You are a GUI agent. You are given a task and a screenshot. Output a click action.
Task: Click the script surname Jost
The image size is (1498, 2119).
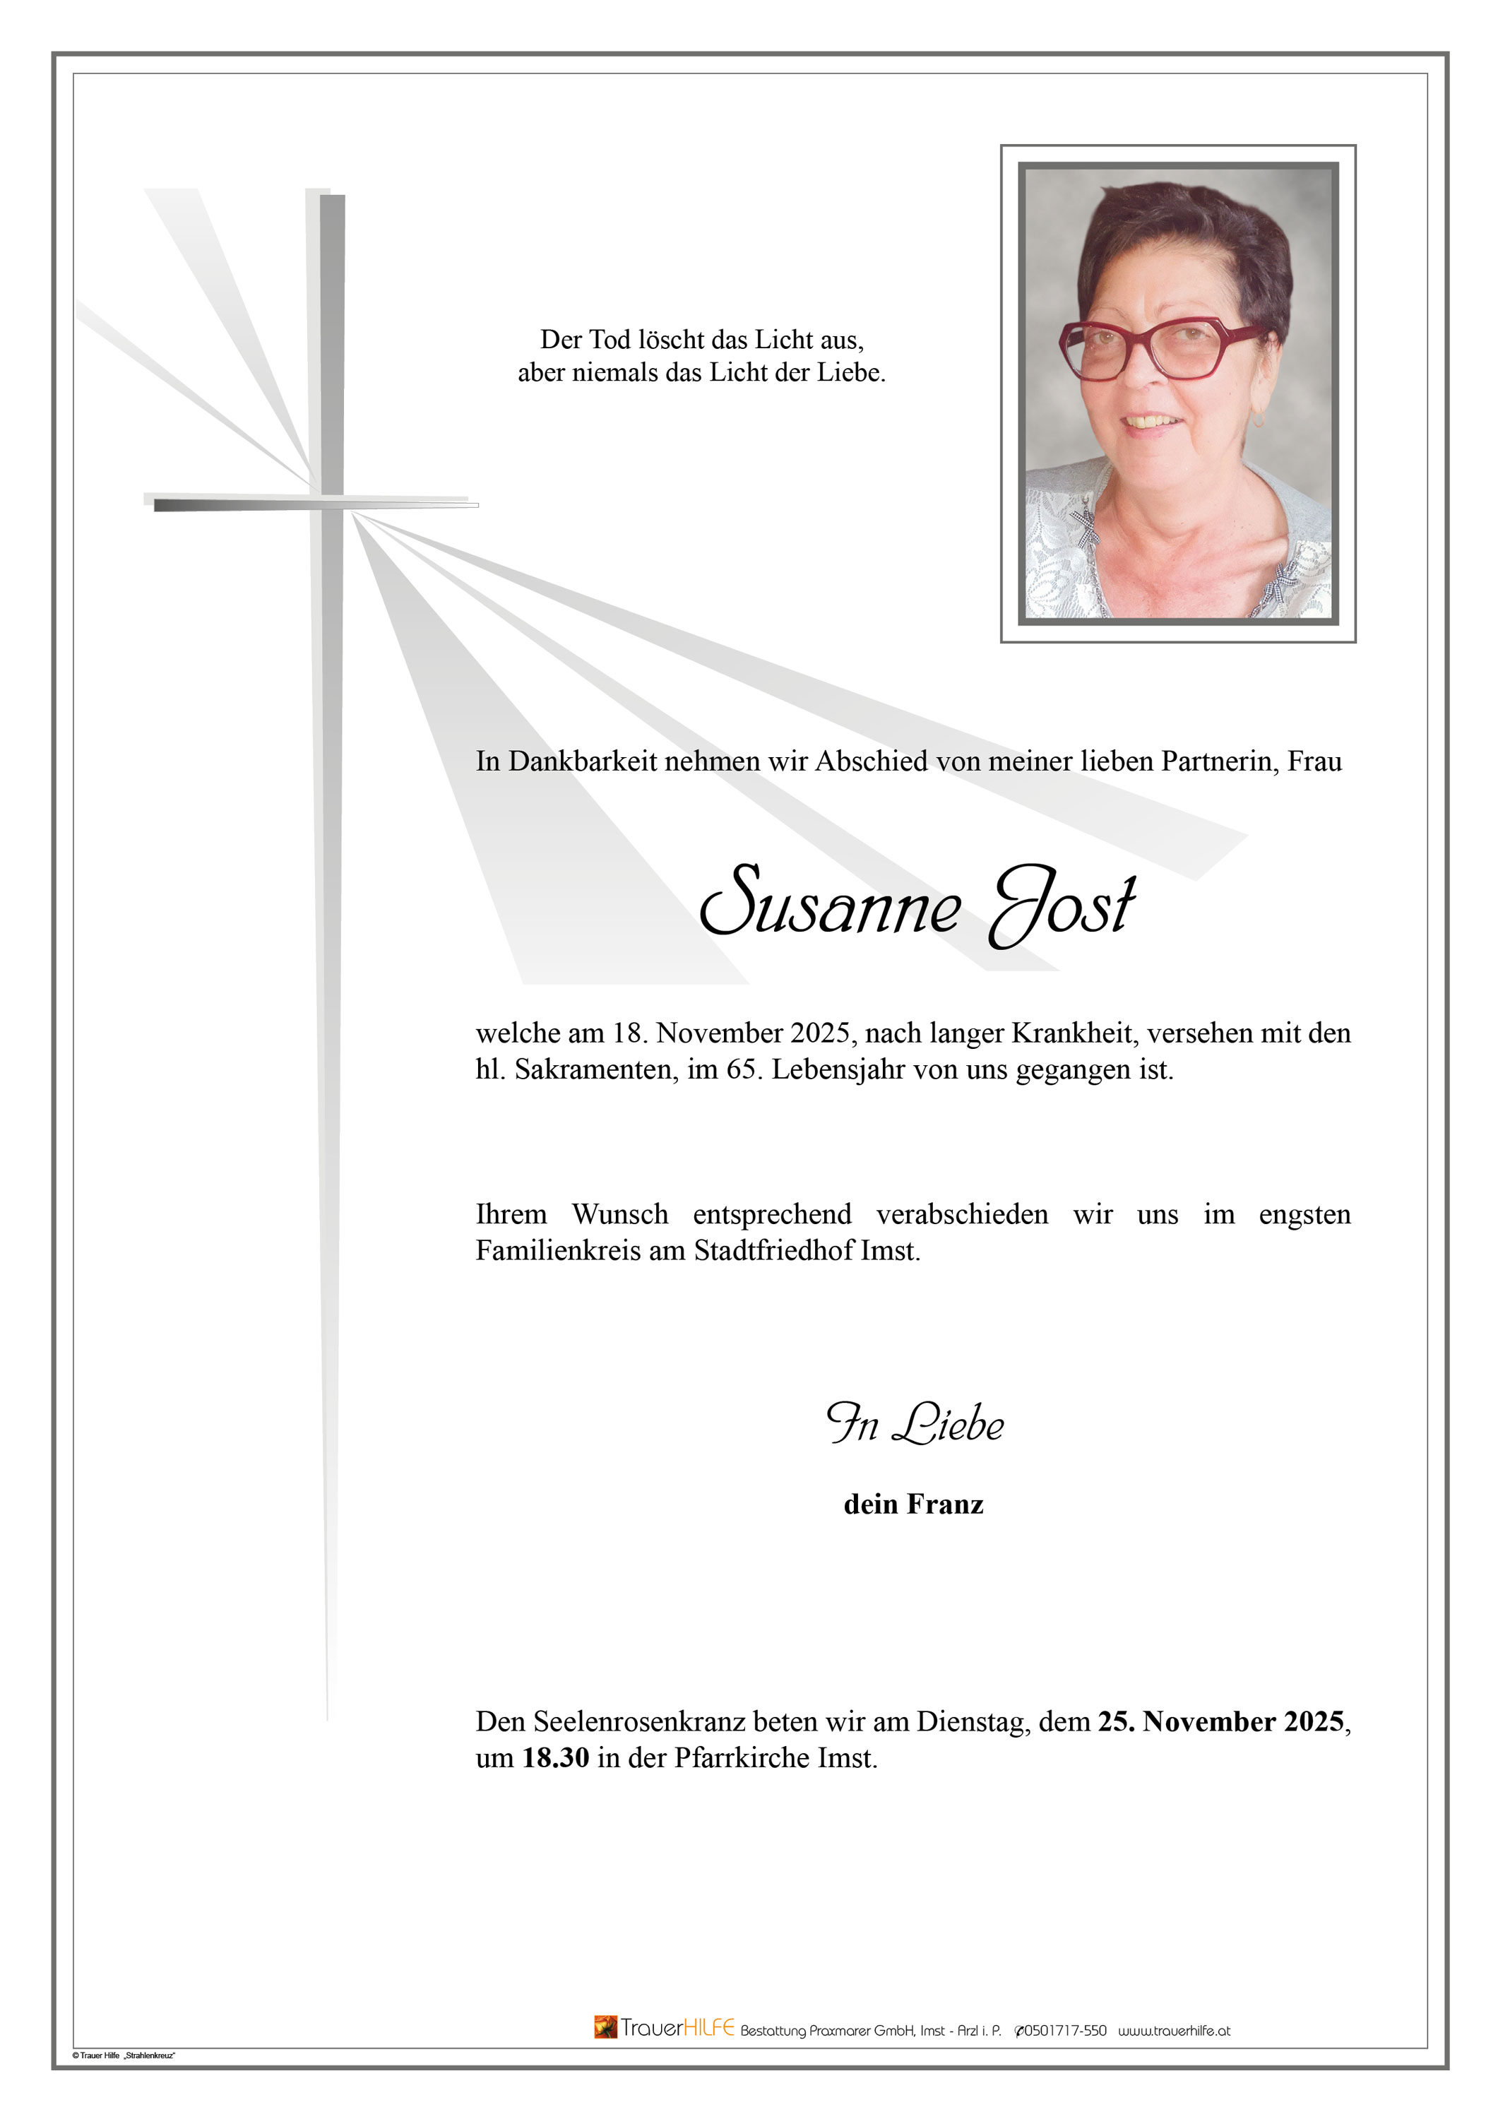tap(1062, 903)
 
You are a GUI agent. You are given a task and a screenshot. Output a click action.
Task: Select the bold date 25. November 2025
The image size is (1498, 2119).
tap(1220, 1722)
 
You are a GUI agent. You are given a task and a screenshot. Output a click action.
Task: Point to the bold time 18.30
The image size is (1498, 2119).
tap(556, 1758)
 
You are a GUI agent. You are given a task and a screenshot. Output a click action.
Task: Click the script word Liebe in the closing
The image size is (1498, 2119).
tap(948, 1425)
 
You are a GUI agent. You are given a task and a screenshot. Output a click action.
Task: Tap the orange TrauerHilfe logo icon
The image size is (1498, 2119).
tap(605, 2026)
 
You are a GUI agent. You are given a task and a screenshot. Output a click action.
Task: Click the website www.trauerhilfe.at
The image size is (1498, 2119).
tap(1174, 2031)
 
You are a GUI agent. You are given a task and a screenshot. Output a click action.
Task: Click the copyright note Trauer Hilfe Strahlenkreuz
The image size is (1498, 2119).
tap(124, 2055)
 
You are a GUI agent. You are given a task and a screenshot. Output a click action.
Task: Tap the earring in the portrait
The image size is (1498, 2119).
tap(1257, 420)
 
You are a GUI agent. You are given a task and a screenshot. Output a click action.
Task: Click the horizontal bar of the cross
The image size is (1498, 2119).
tap(314, 504)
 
